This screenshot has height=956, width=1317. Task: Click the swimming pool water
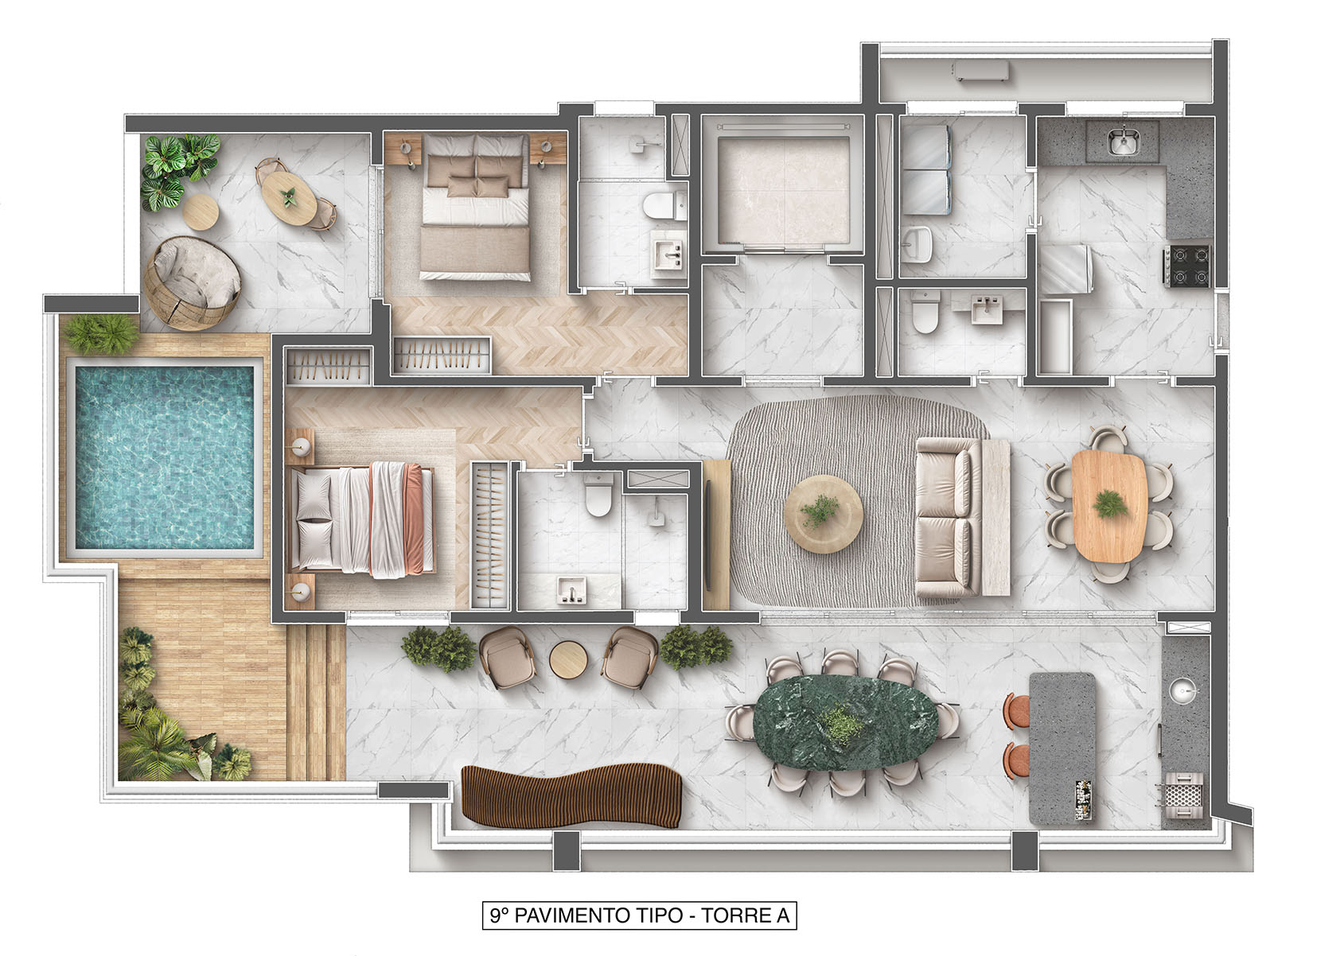165,458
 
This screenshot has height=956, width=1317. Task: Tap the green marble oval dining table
845,723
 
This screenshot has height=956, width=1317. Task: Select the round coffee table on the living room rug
823,514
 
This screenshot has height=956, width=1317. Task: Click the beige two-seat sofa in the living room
948,518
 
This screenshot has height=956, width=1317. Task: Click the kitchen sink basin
1124,142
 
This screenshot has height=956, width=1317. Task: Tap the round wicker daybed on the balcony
193,283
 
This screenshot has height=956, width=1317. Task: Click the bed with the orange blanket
361,520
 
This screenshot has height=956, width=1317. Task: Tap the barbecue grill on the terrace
1183,795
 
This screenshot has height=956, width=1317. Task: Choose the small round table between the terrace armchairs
568,659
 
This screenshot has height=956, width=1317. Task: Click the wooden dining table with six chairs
1109,506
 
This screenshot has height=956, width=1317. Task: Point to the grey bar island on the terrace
1062,748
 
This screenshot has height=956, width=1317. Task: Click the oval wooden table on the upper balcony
289,198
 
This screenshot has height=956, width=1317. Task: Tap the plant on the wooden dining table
1109,504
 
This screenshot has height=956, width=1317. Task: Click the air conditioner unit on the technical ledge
980,71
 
